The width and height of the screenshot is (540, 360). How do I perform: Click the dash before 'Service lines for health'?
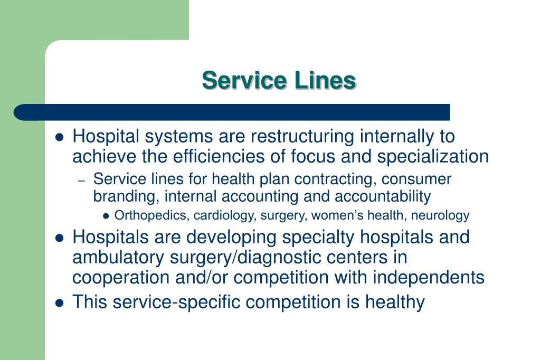81,181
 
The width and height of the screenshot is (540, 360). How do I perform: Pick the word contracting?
333,179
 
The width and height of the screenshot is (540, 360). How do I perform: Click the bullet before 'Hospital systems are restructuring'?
60,137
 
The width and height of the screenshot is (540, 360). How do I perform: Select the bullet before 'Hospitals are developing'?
60,238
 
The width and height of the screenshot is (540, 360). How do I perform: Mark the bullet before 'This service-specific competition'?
60,303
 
